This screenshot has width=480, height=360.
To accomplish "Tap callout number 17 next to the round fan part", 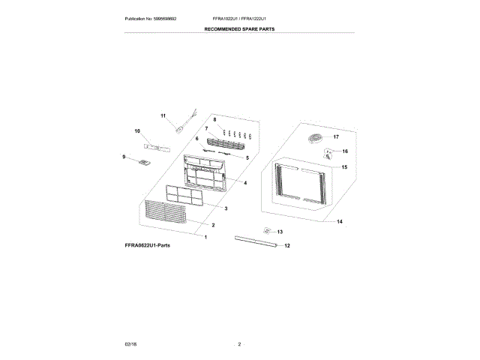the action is tap(336, 137).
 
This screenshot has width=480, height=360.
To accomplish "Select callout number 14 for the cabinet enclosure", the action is tap(339, 222).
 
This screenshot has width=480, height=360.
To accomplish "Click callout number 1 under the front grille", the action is tap(206, 237).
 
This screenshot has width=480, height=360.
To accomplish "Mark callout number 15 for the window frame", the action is tap(344, 167).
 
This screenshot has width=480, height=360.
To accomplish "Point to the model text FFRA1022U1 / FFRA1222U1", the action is tap(240, 17).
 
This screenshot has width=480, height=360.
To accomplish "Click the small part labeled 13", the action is tap(265, 231).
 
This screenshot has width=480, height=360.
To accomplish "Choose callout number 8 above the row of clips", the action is tap(214, 120).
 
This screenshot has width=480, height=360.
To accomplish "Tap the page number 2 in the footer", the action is tap(239, 343).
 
